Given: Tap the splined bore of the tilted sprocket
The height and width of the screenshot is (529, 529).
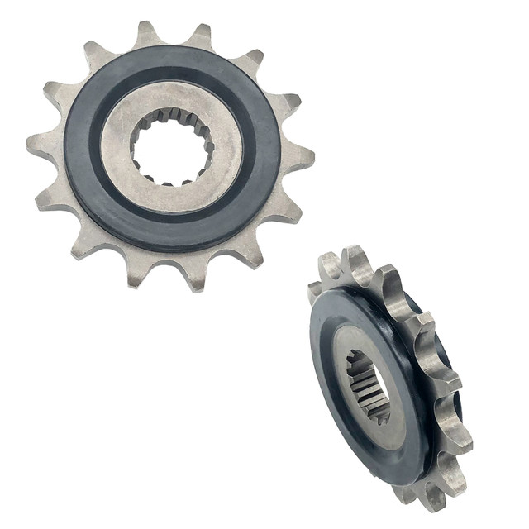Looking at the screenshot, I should point(369,385).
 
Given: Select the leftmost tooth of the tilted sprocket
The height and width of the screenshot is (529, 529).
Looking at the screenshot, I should point(315,291).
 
